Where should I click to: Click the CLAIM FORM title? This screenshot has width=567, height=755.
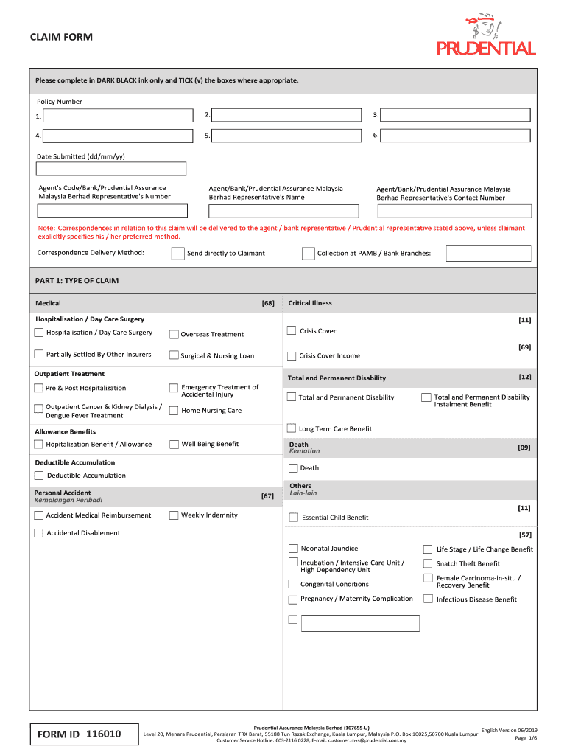pyautogui.click(x=61, y=38)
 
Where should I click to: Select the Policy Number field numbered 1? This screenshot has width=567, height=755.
pyautogui.click(x=118, y=116)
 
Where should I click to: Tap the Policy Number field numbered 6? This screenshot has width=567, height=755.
pyautogui.click(x=455, y=136)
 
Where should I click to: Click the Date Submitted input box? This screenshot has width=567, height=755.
pyautogui.click(x=111, y=169)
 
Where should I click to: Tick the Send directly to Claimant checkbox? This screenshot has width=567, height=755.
pyautogui.click(x=177, y=254)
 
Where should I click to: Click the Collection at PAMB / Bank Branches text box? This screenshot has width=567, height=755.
pyautogui.click(x=488, y=254)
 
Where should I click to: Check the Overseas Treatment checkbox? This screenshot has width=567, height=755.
pyautogui.click(x=174, y=334)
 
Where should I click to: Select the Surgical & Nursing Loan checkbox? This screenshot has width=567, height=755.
pyautogui.click(x=174, y=355)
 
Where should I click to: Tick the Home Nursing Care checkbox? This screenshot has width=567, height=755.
pyautogui.click(x=174, y=411)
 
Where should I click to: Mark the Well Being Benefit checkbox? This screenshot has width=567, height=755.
pyautogui.click(x=175, y=444)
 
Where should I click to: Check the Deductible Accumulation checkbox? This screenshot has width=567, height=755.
pyautogui.click(x=39, y=476)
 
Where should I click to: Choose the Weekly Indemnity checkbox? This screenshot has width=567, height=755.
pyautogui.click(x=174, y=515)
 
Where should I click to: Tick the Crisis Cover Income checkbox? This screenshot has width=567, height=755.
pyautogui.click(x=292, y=355)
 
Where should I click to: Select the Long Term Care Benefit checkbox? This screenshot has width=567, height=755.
pyautogui.click(x=292, y=428)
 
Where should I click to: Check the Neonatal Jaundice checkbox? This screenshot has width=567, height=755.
pyautogui.click(x=293, y=549)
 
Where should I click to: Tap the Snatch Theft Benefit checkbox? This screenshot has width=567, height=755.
pyautogui.click(x=428, y=563)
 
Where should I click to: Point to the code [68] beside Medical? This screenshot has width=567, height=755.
pyautogui.click(x=267, y=303)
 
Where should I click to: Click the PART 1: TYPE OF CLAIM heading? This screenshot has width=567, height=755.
pyautogui.click(x=77, y=281)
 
